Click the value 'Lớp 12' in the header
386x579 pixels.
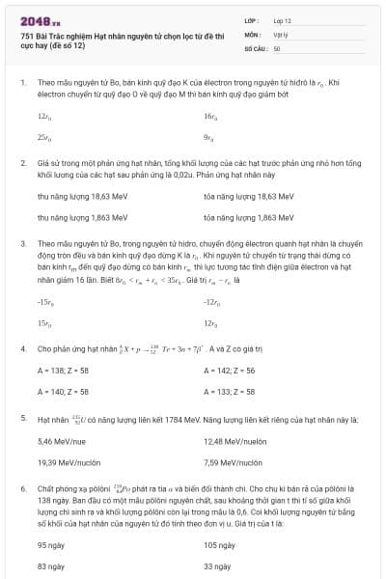(x=282, y=19)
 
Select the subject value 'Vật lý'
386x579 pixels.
(x=281, y=33)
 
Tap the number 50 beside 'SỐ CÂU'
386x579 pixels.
(x=277, y=47)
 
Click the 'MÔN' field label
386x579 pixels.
(x=252, y=33)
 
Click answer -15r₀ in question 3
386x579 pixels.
(x=44, y=302)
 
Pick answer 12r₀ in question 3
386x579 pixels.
(x=210, y=323)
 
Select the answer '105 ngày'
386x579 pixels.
(x=219, y=544)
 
